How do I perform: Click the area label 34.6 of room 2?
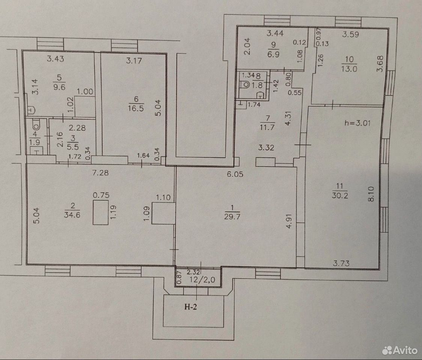pyautogui.click(x=72, y=215)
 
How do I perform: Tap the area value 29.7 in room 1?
pyautogui.click(x=232, y=216)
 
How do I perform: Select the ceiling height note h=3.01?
pyautogui.click(x=357, y=123)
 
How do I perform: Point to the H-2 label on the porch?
pyautogui.click(x=191, y=306)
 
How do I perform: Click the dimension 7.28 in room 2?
pyautogui.click(x=100, y=172)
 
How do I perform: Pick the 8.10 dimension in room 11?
pyautogui.click(x=371, y=194)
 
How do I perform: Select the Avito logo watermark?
pyautogui.click(x=400, y=350)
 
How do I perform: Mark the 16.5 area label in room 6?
pyautogui.click(x=136, y=108)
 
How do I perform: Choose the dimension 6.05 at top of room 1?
pyautogui.click(x=235, y=174)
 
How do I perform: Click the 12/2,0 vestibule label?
pyautogui.click(x=202, y=280)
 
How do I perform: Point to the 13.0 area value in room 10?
pyautogui.click(x=349, y=69)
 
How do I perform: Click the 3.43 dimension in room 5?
pyautogui.click(x=56, y=58)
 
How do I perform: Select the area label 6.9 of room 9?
pyautogui.click(x=273, y=54)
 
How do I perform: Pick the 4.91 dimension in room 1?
pyautogui.click(x=289, y=221)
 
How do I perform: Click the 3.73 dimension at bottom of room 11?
pyautogui.click(x=341, y=263)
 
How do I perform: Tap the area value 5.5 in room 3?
pyautogui.click(x=73, y=147)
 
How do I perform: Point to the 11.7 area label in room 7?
pyautogui.click(x=267, y=127)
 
